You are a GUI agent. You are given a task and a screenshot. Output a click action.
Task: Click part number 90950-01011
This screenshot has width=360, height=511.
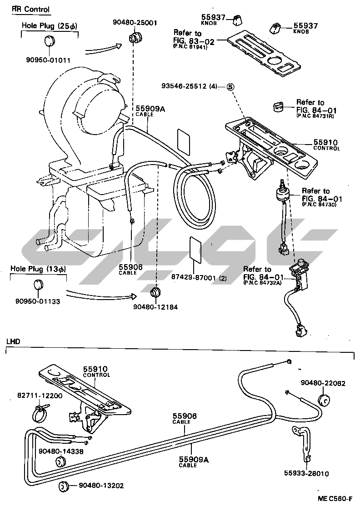tap(50, 60)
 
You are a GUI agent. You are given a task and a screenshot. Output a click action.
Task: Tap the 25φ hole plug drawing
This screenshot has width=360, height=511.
tap(49, 42)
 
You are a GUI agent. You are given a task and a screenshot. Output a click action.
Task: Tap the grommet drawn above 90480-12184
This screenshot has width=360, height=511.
tap(156, 291)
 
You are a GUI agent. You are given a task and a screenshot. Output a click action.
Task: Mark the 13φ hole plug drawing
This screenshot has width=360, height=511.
tap(38, 286)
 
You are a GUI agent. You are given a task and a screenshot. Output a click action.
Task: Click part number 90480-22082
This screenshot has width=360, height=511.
tap(323, 383)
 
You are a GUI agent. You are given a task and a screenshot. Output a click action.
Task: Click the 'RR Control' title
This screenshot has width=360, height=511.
tap(31, 10)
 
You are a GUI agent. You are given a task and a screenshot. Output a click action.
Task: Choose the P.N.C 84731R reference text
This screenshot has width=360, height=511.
tap(315, 115)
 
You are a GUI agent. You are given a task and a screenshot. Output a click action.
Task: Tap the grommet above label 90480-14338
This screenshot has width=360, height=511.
tap(60, 462)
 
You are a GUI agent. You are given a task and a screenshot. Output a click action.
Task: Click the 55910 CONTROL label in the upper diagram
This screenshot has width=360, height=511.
tap(326, 145)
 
